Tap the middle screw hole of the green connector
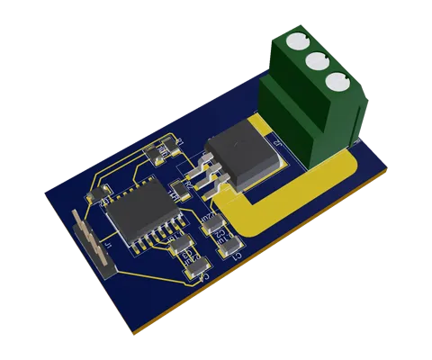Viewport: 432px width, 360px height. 316,61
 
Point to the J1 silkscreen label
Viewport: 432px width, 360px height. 107,241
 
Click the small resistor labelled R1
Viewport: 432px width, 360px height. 167,152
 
